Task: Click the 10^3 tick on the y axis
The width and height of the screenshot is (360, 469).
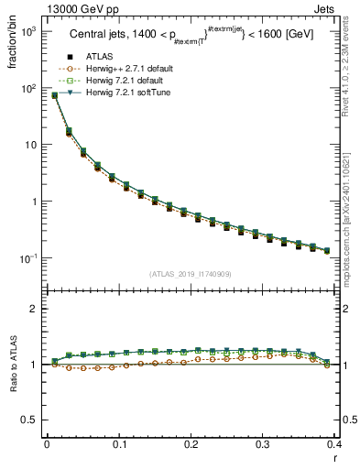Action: pyautogui.click(x=29, y=31)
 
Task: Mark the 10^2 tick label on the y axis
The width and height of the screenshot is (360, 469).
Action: pyautogui.click(x=29, y=88)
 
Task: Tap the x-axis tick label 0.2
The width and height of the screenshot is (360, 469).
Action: pyautogui.click(x=191, y=444)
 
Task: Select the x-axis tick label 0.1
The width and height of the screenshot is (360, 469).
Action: pyautogui.click(x=118, y=444)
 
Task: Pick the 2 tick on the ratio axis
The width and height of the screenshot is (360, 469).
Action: pyautogui.click(x=34, y=309)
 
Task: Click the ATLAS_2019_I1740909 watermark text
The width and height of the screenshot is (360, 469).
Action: pyautogui.click(x=191, y=273)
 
